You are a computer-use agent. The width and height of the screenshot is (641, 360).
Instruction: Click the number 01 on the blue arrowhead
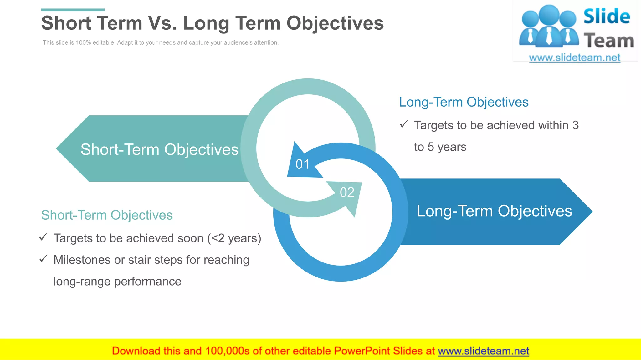click(x=302, y=164)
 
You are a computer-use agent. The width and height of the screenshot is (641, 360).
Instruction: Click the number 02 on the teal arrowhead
click(x=347, y=192)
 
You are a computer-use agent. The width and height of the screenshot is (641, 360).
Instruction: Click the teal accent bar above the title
click(x=73, y=10)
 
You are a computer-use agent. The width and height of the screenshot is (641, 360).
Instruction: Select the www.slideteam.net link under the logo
click(x=574, y=58)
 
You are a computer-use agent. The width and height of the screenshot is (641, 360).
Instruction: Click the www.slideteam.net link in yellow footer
click(x=483, y=351)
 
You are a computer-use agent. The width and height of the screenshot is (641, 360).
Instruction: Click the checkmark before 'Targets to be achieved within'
click(x=404, y=124)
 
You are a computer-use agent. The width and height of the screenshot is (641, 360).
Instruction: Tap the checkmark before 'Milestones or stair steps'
click(x=43, y=259)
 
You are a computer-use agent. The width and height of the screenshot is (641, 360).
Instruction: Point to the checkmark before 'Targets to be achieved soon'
click(x=43, y=237)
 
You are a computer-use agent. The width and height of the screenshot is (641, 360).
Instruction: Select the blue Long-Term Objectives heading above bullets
click(x=464, y=102)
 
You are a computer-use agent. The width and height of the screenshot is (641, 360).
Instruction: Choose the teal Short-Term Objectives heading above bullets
click(x=107, y=215)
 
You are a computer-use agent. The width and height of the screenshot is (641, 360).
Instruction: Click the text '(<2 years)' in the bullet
click(x=234, y=238)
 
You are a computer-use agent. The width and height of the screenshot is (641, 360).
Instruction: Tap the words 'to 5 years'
click(x=440, y=147)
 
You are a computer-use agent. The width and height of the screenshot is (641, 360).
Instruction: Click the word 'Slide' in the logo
click(x=607, y=17)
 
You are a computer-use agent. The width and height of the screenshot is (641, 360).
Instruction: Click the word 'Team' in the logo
click(x=609, y=41)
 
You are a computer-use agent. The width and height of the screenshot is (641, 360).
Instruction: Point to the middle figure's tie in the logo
click(x=549, y=36)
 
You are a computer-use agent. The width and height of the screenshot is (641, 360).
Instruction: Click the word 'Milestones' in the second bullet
click(x=82, y=260)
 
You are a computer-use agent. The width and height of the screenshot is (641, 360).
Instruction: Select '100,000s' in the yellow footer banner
click(x=227, y=351)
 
